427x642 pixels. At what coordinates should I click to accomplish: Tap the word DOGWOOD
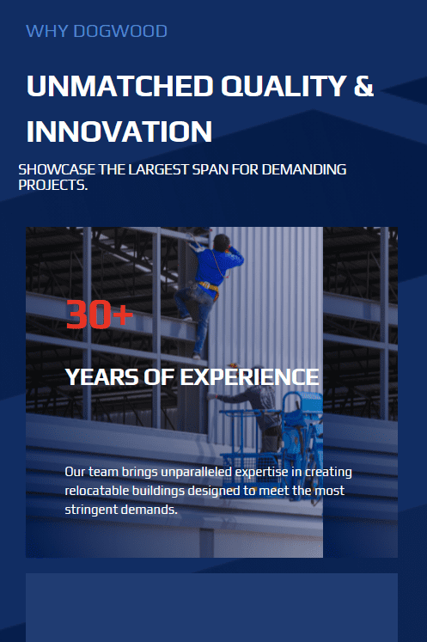[120, 31]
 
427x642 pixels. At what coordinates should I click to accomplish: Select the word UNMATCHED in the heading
[120, 86]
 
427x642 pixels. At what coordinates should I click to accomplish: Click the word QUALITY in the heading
[284, 86]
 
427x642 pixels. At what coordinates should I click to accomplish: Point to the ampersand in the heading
[364, 86]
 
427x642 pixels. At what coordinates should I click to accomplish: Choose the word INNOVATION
[119, 131]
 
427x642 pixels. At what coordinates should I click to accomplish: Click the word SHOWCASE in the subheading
[57, 169]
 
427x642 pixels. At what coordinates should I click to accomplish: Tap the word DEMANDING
[304, 169]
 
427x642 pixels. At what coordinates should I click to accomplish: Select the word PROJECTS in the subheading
[52, 185]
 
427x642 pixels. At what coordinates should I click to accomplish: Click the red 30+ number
[100, 315]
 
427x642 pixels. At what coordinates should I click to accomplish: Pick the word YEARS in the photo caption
[101, 377]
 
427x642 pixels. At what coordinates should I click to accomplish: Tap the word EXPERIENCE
[249, 377]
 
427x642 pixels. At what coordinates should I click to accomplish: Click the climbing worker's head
[222, 242]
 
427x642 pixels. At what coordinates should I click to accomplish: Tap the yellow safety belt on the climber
[209, 286]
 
